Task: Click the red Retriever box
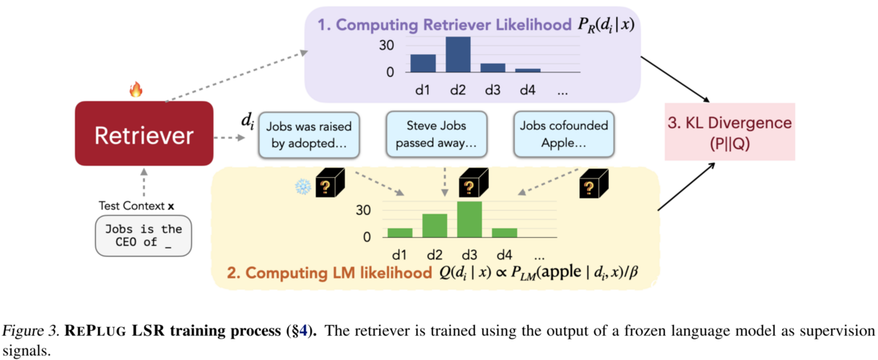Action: (x=144, y=133)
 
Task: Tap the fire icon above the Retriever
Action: (x=136, y=89)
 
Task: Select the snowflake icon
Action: (x=303, y=187)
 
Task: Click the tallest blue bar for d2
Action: (x=458, y=54)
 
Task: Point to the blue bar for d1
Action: (x=423, y=64)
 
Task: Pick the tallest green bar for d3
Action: (x=470, y=220)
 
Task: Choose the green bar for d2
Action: (x=435, y=226)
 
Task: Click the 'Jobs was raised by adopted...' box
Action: (x=309, y=135)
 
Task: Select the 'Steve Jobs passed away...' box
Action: (x=436, y=134)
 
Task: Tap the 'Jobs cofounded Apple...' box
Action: (x=563, y=134)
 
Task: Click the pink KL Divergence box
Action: (x=730, y=132)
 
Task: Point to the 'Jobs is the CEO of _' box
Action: (x=143, y=236)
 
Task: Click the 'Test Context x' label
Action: (x=136, y=206)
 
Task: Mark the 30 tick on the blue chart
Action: (x=386, y=45)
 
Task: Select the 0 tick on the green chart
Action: (x=367, y=237)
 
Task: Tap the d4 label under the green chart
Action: (x=504, y=255)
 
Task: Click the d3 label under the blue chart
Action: (x=492, y=90)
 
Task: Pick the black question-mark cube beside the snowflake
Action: (x=330, y=183)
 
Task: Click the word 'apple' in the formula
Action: (x=560, y=271)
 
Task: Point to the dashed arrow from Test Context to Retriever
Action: (x=144, y=182)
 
